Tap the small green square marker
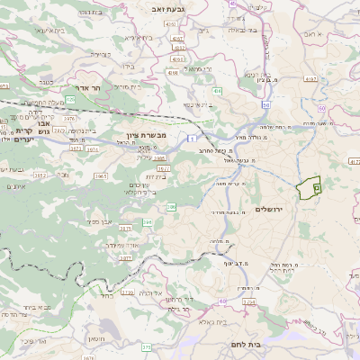point(317,187)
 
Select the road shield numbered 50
point(266,105)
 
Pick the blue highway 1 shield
point(192,139)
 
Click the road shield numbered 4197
point(312,79)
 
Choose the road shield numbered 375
point(147,346)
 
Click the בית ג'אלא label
point(211,320)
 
